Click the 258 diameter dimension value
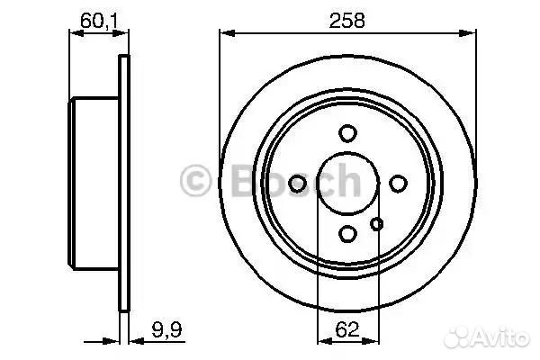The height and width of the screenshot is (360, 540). pyautogui.click(x=346, y=20)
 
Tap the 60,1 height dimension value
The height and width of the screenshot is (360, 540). pyautogui.click(x=99, y=21)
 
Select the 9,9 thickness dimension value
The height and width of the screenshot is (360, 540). pyautogui.click(x=166, y=329)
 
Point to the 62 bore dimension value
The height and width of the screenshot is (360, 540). pyautogui.click(x=347, y=329)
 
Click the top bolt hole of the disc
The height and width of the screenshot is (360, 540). pyautogui.click(x=347, y=133)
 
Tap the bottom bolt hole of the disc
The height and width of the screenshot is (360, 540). pyautogui.click(x=347, y=233)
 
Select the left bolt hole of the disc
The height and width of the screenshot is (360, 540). pyautogui.click(x=297, y=184)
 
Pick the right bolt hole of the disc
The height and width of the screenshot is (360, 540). pyautogui.click(x=398, y=184)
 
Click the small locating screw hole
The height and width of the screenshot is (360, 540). pyautogui.click(x=376, y=224)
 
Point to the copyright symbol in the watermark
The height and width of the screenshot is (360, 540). pyautogui.click(x=195, y=181)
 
